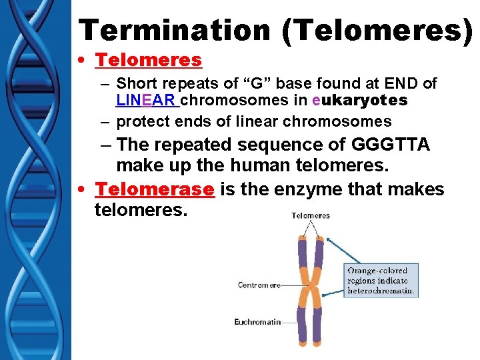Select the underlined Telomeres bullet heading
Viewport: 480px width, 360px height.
click(148, 60)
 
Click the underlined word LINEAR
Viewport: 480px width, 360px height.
click(147, 101)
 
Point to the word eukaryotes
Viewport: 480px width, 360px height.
click(359, 101)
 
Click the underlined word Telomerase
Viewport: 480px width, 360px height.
click(155, 190)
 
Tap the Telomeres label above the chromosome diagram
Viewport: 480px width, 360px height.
click(311, 215)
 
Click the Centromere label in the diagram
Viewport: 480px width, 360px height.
click(258, 285)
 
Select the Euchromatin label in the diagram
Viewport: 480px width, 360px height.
click(257, 322)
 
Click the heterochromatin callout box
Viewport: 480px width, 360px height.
click(381, 280)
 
